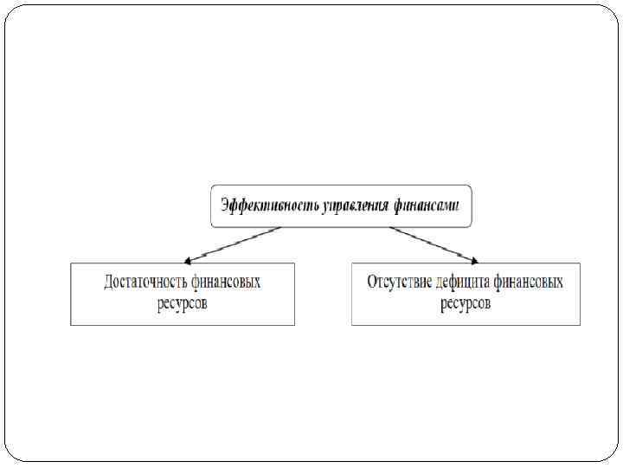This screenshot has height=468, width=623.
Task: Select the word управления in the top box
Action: (356, 206)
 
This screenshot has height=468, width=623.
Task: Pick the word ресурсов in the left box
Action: (183, 303)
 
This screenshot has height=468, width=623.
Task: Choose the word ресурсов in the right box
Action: (466, 303)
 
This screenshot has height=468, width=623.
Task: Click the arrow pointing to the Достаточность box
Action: (232, 244)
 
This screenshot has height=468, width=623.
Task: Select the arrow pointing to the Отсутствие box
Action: (433, 244)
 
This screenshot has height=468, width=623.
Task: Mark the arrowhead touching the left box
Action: (189, 259)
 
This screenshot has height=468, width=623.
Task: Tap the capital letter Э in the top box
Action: (225, 206)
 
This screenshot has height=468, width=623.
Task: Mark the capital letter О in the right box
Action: (372, 283)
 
